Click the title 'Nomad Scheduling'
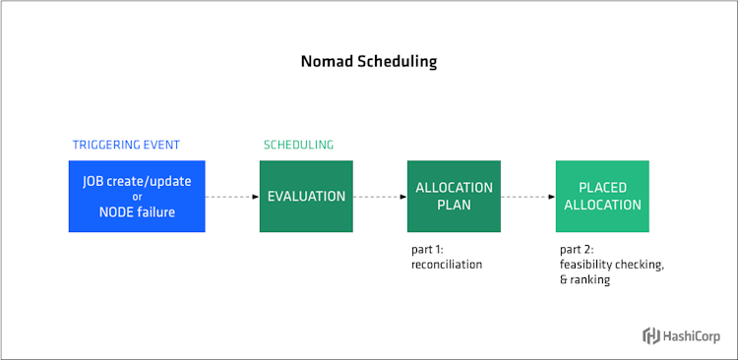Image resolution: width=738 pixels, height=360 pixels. point(368,61)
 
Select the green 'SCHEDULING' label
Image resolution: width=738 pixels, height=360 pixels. point(298,145)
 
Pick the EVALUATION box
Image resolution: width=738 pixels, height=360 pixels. point(306,196)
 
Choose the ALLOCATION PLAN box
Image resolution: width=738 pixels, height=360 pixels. point(454,196)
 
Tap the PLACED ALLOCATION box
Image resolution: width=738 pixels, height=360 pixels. point(602,196)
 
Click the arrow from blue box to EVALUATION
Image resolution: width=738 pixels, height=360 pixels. point(232,197)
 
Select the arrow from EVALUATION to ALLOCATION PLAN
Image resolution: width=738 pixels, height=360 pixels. point(380,197)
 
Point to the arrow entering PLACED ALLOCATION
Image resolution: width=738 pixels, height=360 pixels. point(528,197)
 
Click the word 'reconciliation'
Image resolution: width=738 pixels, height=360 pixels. point(447,265)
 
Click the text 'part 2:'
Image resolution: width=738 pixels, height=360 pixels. point(577,250)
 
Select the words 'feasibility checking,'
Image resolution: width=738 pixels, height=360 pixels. point(610,265)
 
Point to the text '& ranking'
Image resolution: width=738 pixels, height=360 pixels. point(584,279)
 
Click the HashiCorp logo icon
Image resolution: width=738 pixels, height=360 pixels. point(651,336)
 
